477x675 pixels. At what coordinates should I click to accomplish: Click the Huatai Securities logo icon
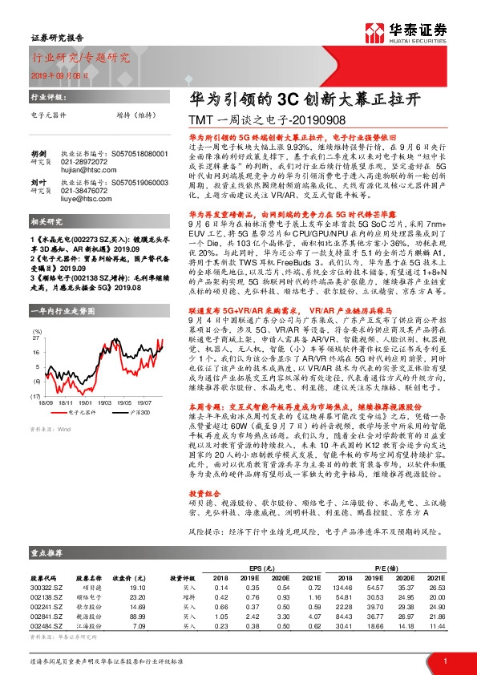point(370,31)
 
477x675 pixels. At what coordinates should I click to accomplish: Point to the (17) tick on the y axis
point(36,373)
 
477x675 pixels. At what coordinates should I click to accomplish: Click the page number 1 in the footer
point(444,659)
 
